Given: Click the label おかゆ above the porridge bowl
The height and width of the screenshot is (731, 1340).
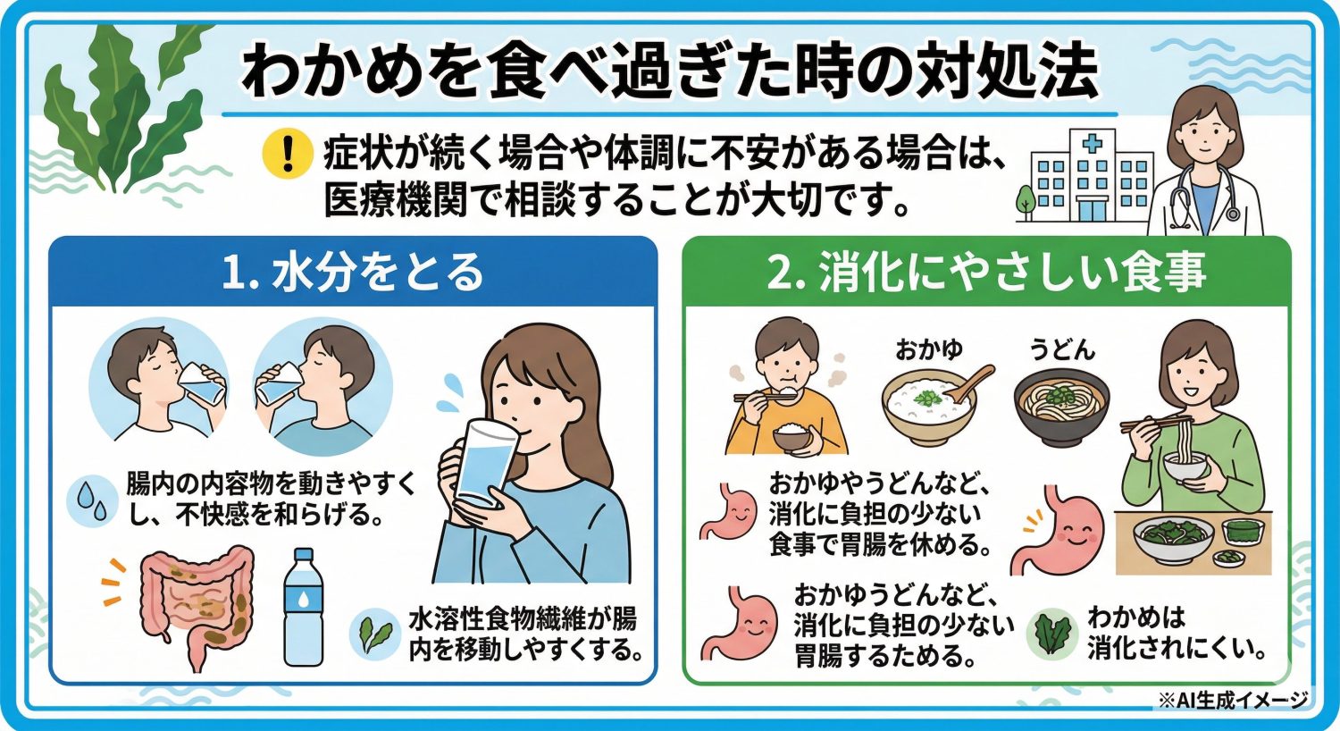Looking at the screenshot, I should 929,349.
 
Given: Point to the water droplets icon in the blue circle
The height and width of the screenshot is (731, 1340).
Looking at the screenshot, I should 92,500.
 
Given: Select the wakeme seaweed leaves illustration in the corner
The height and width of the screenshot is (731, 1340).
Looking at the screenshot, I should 125,107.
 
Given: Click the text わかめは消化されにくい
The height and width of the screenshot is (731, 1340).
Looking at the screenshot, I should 1176,633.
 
